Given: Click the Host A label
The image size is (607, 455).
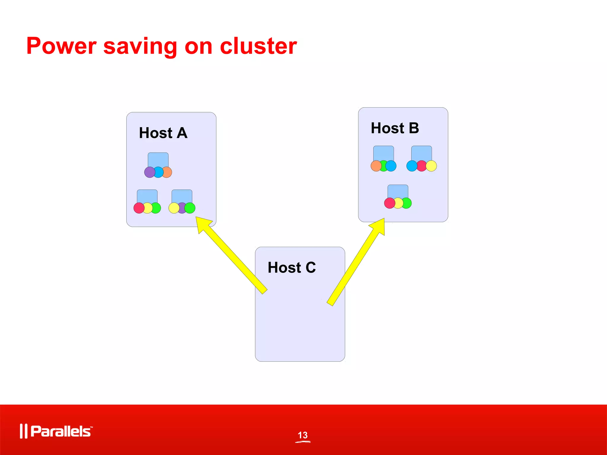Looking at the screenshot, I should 163,133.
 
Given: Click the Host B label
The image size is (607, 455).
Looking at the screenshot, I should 395,128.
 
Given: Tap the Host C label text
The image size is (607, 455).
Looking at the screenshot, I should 292,267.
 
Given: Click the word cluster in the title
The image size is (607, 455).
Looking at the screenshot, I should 258,46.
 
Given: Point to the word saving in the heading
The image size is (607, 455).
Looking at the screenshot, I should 140,47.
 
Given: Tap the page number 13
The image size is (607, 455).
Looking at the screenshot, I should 303,435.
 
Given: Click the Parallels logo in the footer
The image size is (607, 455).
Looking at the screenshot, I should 56,431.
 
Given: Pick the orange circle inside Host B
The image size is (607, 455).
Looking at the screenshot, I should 376,166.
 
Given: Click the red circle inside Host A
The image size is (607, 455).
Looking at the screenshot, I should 139,208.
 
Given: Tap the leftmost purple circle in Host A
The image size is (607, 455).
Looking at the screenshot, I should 149,172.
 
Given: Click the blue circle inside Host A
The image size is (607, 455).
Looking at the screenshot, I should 159,172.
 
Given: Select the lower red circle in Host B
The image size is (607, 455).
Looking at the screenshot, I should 389,203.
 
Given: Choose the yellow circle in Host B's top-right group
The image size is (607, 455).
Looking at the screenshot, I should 432,166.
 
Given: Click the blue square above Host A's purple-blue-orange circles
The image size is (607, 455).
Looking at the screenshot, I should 158,159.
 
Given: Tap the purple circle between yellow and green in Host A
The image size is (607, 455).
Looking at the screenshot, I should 182,208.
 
